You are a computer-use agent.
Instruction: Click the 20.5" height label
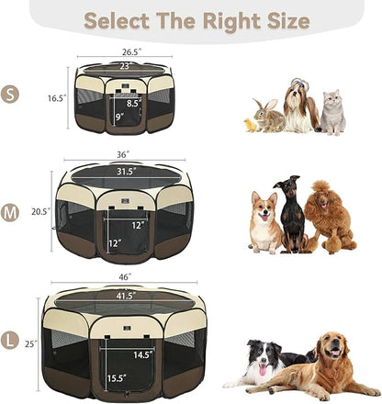(39, 211)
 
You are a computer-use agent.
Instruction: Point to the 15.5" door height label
(115, 377)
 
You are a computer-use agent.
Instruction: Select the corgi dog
(264, 223)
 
